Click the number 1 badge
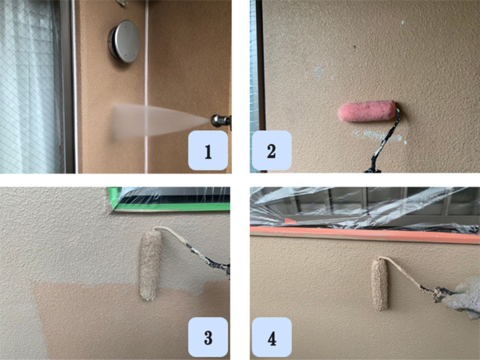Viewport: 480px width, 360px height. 208,150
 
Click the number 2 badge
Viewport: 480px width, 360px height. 272,150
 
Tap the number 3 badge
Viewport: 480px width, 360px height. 208,337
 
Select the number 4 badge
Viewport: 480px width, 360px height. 272,337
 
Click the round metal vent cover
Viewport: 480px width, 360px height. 124,41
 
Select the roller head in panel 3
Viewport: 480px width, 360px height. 150,265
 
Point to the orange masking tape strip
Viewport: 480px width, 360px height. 365,234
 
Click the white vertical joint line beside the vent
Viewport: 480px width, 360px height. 146,86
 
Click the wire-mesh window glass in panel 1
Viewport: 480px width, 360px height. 30,86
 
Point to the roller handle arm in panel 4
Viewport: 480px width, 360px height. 413,277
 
